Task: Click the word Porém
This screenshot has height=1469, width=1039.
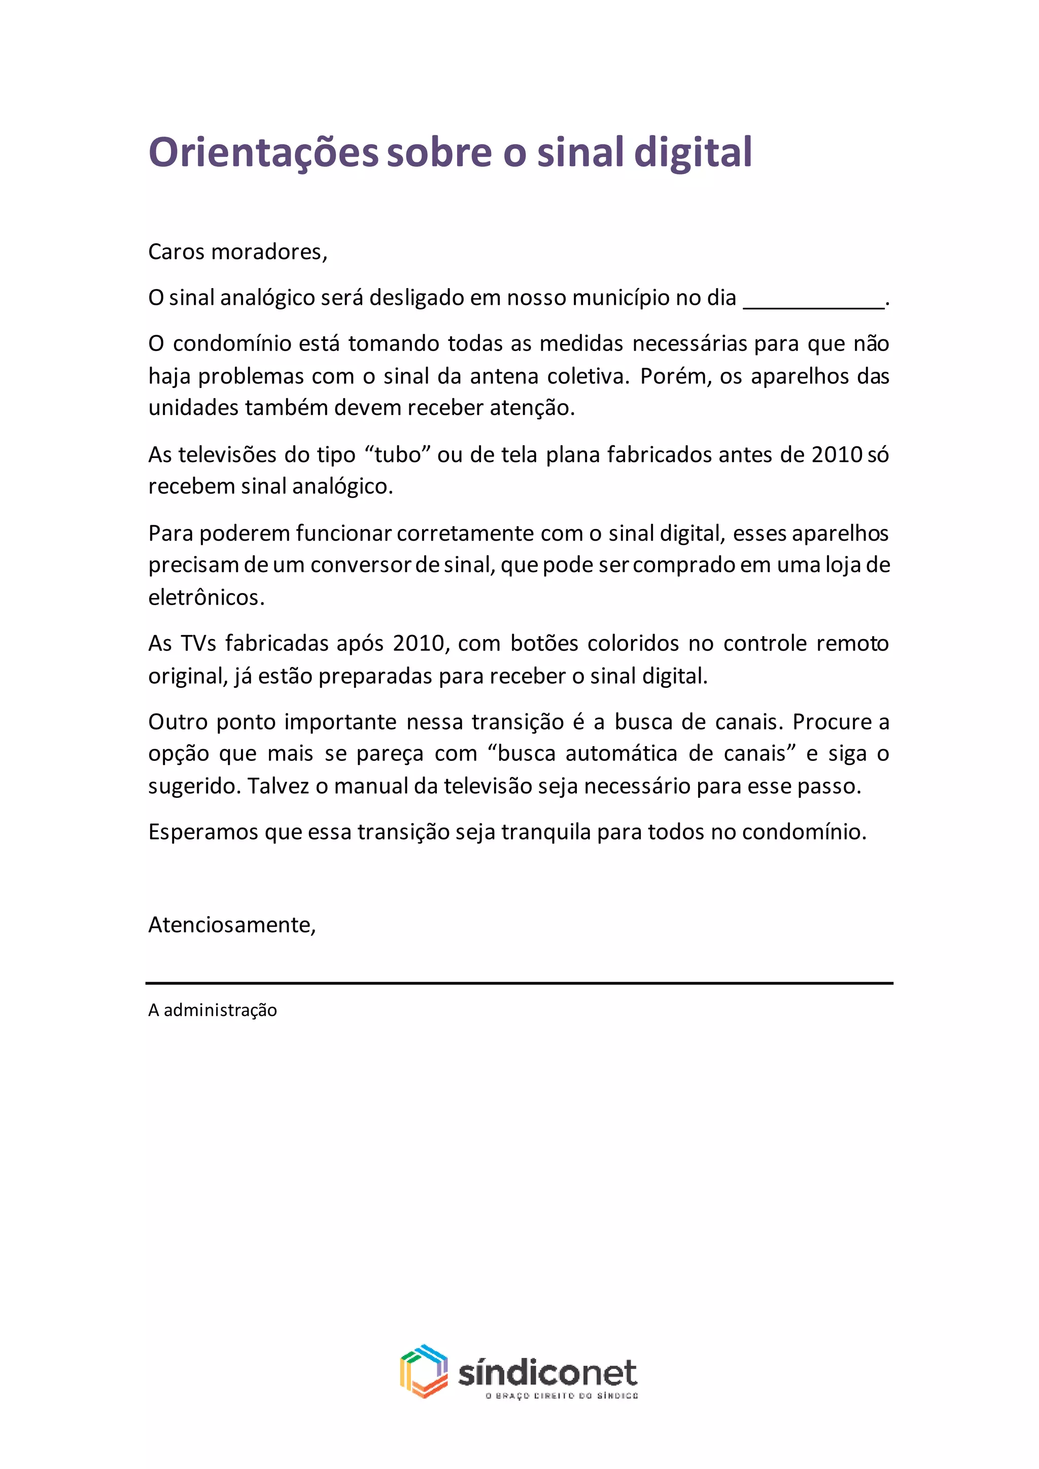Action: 675,376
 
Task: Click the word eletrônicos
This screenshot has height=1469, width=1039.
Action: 206,598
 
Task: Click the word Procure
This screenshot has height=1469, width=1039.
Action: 833,722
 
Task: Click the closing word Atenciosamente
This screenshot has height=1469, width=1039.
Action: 232,925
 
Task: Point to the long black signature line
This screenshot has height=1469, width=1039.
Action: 519,983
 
